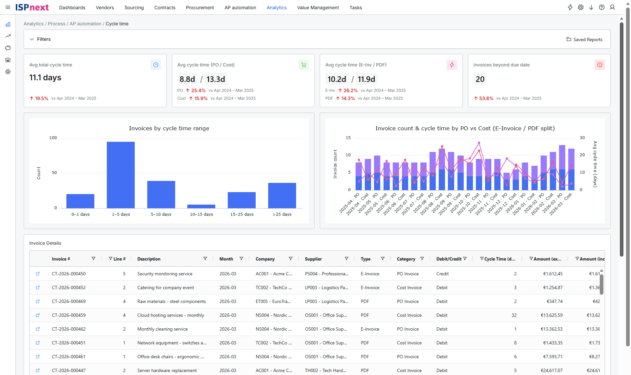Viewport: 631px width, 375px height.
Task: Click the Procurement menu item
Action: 200,8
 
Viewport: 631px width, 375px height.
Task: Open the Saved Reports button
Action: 584,39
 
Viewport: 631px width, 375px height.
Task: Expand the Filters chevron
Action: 32,39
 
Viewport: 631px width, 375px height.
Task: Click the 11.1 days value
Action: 45,78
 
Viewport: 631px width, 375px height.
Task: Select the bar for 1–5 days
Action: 121,175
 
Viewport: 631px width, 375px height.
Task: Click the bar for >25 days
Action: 282,195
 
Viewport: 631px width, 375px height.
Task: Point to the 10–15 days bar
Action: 201,206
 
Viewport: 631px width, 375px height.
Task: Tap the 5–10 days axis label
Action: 161,214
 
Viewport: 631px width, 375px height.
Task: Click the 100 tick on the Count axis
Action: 53,138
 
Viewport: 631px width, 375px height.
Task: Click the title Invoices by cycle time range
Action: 169,128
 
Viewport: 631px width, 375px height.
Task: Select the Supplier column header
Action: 313,259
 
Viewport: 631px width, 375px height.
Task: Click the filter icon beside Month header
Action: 241,259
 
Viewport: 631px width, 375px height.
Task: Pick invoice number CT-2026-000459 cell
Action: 69,315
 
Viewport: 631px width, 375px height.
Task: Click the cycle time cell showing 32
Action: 514,315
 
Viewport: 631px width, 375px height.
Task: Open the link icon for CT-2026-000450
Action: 38,274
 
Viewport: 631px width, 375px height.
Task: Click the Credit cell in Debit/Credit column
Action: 442,274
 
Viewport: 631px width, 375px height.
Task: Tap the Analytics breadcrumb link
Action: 34,24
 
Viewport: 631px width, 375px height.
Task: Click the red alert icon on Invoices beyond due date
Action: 600,65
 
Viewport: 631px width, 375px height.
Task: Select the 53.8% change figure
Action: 486,98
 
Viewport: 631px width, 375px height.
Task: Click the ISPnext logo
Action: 32,7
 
